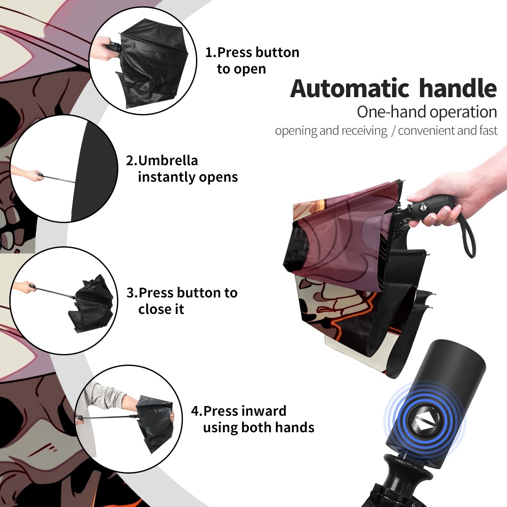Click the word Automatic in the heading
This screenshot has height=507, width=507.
(x=349, y=88)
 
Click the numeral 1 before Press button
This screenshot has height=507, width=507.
(x=209, y=52)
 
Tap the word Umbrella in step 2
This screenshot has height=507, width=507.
(x=168, y=161)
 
